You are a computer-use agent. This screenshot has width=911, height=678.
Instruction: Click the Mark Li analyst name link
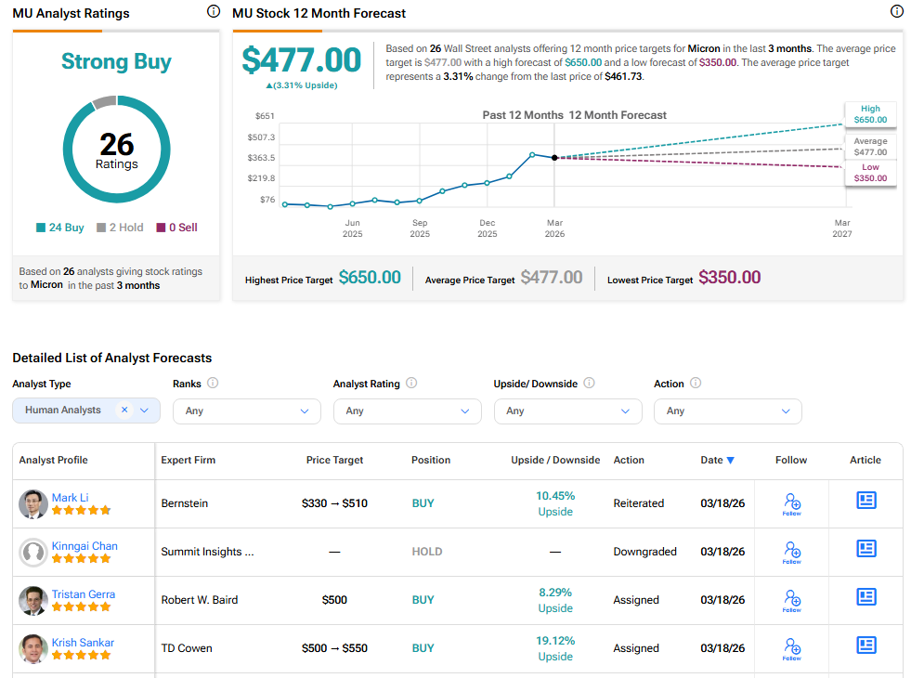click(71, 498)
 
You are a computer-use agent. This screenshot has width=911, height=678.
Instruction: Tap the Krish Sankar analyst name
click(83, 643)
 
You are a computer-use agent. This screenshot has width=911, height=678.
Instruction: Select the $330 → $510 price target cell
click(334, 503)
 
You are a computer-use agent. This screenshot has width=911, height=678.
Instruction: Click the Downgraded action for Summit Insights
click(644, 552)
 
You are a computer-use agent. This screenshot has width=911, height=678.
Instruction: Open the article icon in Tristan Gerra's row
click(865, 596)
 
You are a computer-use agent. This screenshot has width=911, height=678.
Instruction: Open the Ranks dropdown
click(246, 411)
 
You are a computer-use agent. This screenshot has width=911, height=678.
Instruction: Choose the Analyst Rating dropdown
click(407, 411)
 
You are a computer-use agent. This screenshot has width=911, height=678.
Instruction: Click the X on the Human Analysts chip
click(124, 410)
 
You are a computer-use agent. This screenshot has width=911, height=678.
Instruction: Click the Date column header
click(717, 460)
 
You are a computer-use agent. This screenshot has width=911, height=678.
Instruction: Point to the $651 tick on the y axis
click(265, 116)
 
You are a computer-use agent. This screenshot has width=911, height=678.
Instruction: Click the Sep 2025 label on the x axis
click(420, 228)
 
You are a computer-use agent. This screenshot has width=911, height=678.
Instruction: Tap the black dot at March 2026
click(554, 158)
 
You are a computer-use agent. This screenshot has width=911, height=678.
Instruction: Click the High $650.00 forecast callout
click(870, 114)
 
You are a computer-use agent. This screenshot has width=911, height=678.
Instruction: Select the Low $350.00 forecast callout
click(870, 173)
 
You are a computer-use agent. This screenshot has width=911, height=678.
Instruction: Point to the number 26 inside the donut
click(117, 145)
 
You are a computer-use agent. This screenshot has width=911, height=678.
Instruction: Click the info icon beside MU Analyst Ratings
click(213, 12)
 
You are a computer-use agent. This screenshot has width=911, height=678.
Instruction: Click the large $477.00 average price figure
click(301, 60)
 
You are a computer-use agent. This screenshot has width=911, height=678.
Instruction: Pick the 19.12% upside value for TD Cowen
click(555, 641)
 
